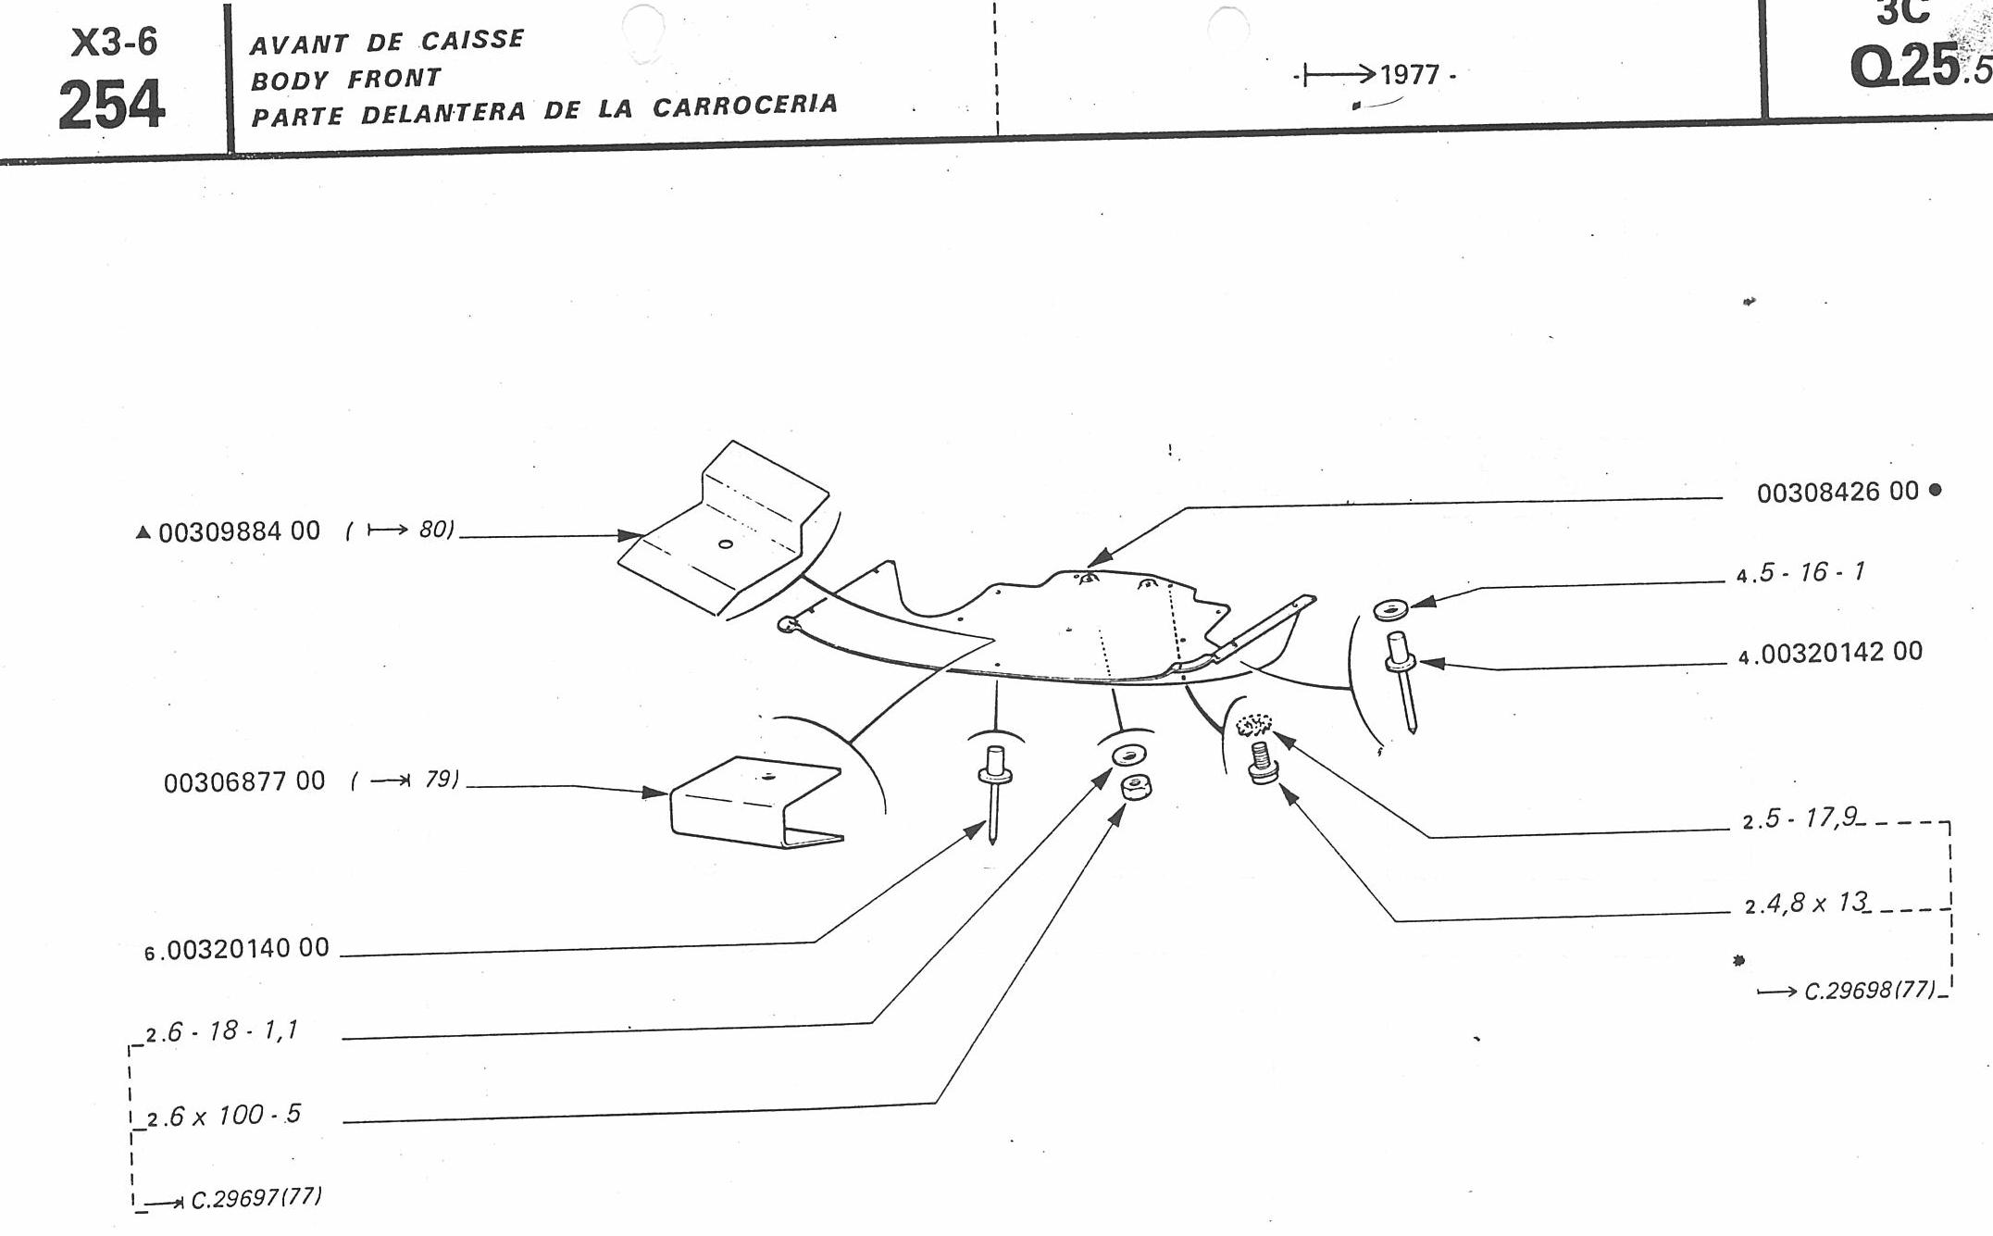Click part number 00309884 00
pos(239,532)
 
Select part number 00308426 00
pos(1837,492)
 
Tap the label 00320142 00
pos(1840,653)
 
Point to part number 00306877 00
pos(244,782)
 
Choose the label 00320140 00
pos(248,949)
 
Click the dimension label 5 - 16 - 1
pos(1811,573)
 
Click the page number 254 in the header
pos(111,105)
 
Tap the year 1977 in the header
pos(1410,74)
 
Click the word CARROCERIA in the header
pos(745,106)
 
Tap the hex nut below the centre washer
pos(1135,788)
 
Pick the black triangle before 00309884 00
pos(143,532)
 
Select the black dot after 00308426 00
pos(1935,490)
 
